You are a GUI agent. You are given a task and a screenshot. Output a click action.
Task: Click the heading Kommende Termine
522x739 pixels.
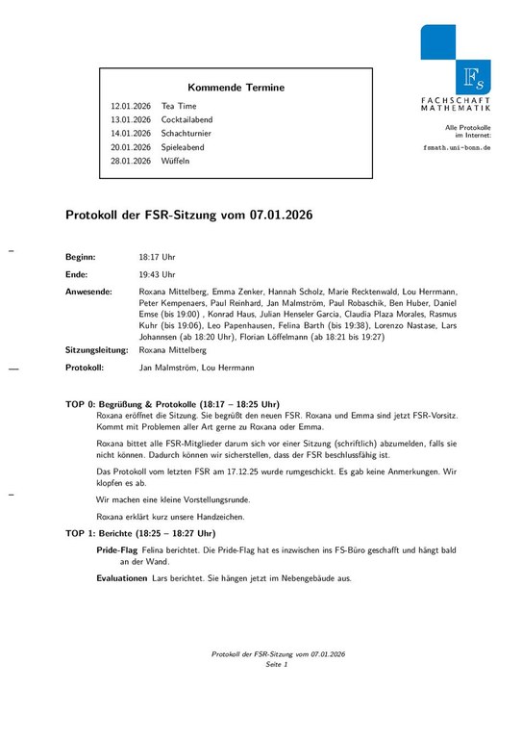coord(236,88)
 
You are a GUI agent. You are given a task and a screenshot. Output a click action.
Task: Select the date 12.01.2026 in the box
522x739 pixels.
coord(131,106)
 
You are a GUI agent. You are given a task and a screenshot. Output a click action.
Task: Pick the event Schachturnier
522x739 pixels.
coord(186,134)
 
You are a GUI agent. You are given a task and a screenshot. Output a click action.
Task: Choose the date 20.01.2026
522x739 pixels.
coord(131,147)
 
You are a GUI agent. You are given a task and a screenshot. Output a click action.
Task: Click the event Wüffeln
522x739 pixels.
coord(176,162)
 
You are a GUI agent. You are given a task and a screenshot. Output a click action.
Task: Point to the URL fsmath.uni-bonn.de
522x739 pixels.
coord(457,149)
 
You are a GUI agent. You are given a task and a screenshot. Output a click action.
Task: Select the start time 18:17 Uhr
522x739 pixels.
coord(158,258)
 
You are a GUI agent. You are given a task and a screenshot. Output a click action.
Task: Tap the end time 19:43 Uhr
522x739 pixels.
coord(158,274)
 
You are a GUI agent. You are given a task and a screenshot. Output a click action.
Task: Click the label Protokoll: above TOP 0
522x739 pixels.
coord(86,368)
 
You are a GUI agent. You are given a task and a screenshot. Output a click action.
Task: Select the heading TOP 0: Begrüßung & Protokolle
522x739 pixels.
coord(172,404)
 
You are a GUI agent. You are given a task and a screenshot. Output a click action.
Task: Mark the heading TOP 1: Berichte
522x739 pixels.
coord(140,533)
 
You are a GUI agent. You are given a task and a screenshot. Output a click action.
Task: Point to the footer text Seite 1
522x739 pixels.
coord(277,665)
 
